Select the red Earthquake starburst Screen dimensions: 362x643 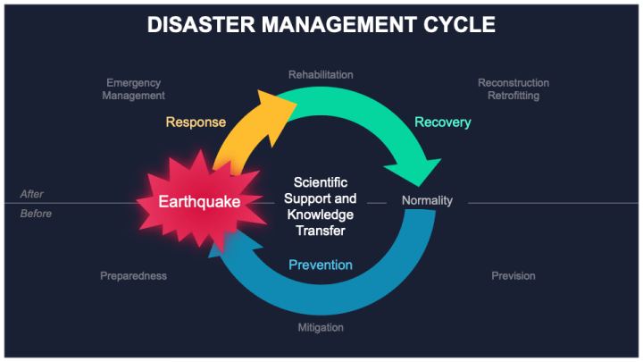(198, 202)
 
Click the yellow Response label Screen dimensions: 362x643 (196, 122)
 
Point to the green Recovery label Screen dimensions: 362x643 (442, 122)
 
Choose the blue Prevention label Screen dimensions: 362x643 (320, 265)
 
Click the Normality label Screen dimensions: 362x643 (427, 200)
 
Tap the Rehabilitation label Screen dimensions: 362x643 (321, 74)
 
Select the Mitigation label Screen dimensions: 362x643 (321, 327)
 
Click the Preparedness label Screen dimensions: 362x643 (133, 276)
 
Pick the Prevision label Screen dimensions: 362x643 (514, 276)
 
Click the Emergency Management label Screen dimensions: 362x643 (133, 89)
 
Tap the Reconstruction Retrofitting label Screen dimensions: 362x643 (514, 89)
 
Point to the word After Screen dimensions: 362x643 (31, 194)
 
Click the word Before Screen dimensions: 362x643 (36, 214)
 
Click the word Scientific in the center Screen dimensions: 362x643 (320, 181)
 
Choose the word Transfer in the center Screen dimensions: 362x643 (320, 231)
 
